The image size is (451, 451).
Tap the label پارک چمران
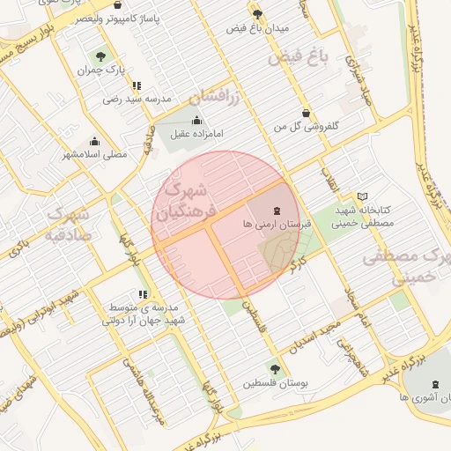point(102,70)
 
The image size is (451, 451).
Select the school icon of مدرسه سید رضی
point(137,85)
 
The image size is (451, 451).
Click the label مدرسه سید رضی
point(136,99)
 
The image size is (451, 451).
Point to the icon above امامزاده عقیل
point(196,121)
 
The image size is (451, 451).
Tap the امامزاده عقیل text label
point(196,134)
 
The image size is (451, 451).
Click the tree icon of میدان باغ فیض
point(257,14)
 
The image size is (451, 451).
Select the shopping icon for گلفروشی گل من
point(306,113)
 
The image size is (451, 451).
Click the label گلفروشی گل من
point(307,126)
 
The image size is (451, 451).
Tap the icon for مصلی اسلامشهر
point(95,141)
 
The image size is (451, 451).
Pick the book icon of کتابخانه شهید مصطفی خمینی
point(362,196)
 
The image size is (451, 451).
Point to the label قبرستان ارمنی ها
point(278,225)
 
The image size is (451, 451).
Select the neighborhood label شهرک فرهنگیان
point(184,201)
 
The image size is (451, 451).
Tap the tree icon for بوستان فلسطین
point(275,370)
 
